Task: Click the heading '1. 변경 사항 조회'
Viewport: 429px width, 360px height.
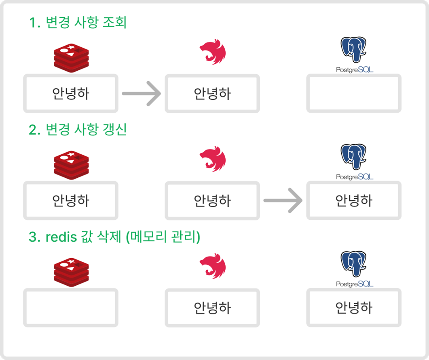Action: [x=78, y=23]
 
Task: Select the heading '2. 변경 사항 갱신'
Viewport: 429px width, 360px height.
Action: [x=78, y=130]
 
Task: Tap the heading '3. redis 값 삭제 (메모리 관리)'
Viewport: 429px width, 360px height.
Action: [x=114, y=237]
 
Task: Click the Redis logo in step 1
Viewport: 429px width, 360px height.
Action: [x=71, y=59]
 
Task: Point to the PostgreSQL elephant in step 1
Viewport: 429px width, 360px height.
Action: [x=354, y=50]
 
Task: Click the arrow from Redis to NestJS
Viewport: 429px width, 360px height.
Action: [x=142, y=94]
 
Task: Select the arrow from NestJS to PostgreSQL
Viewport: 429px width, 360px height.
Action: [x=283, y=201]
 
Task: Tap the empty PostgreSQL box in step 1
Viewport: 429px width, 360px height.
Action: [x=354, y=93]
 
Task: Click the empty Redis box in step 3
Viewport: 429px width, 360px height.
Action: [x=71, y=307]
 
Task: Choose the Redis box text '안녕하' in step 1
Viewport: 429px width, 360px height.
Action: [x=71, y=94]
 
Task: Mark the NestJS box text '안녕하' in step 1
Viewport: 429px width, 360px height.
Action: [x=212, y=94]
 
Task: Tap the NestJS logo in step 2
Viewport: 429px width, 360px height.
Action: [x=213, y=159]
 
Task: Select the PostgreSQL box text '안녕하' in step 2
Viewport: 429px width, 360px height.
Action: [x=354, y=201]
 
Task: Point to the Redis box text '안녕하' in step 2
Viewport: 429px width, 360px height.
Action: [x=71, y=201]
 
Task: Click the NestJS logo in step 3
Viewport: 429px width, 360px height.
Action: [x=213, y=266]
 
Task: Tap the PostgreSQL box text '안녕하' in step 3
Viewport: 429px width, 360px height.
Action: [x=354, y=308]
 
